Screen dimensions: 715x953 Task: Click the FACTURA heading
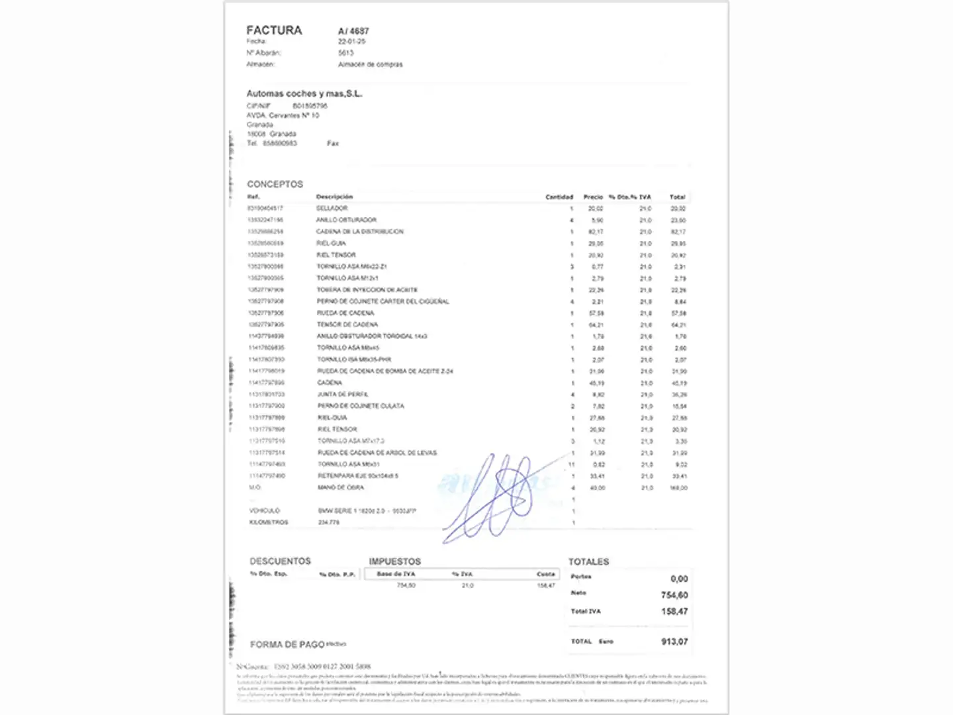click(x=274, y=30)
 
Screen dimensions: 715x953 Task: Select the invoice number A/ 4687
click(x=353, y=31)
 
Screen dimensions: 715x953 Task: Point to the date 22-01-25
click(x=351, y=42)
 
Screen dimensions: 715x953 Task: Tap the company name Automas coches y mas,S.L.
click(x=304, y=94)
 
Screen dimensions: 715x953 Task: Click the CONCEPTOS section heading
click(x=275, y=184)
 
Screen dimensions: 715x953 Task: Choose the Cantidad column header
click(x=559, y=197)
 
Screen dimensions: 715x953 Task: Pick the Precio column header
click(x=593, y=197)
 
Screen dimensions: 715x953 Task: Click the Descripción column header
click(x=334, y=197)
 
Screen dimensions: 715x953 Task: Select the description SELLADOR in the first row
click(x=332, y=209)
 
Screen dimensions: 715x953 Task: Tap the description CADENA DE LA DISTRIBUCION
click(x=359, y=232)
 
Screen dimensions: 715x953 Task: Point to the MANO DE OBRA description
click(x=340, y=488)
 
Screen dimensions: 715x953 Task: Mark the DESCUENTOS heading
click(x=280, y=561)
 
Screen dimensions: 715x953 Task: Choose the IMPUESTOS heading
click(x=394, y=561)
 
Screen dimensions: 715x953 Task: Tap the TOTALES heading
click(x=588, y=562)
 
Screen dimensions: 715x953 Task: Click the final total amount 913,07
click(x=674, y=642)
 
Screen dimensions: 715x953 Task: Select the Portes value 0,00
click(x=679, y=579)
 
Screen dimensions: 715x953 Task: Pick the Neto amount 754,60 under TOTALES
click(x=674, y=595)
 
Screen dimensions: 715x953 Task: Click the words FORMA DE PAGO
click(x=287, y=644)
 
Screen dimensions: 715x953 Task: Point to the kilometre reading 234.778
click(x=328, y=522)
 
